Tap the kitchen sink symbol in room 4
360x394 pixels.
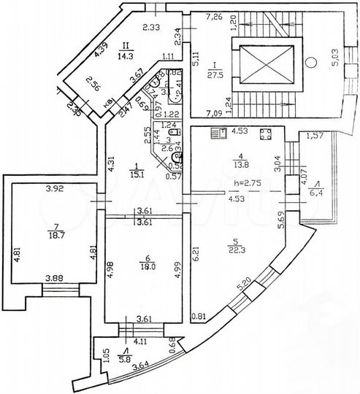click(x=217, y=133)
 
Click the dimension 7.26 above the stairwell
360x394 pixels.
click(x=213, y=16)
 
